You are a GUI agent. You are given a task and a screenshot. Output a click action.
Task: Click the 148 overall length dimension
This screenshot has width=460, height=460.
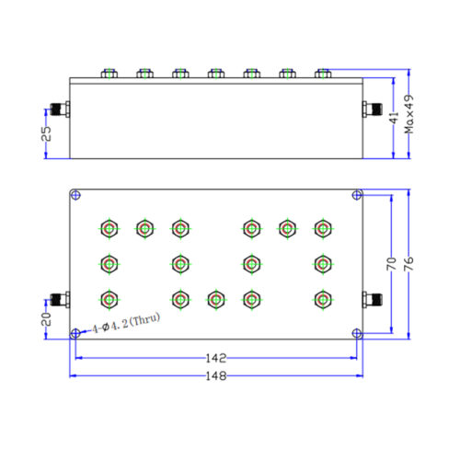(216, 375)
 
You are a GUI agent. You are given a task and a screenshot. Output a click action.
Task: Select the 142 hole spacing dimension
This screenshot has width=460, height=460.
(216, 358)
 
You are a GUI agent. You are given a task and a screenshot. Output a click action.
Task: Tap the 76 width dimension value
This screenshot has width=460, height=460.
(408, 264)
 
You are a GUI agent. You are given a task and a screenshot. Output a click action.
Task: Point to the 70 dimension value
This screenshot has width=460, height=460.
(391, 264)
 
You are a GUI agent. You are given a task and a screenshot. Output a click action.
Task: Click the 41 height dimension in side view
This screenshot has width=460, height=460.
(394, 118)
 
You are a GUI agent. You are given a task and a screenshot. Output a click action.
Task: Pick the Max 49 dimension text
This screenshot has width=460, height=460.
(408, 114)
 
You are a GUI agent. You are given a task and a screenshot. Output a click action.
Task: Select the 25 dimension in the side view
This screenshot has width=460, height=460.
(46, 133)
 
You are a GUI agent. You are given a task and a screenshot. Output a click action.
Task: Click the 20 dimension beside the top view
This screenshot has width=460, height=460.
(46, 319)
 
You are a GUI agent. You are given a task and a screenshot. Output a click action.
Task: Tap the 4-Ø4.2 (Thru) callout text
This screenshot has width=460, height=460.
(126, 323)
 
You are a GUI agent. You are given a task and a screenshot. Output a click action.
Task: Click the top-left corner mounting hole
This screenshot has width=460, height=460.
(75, 195)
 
